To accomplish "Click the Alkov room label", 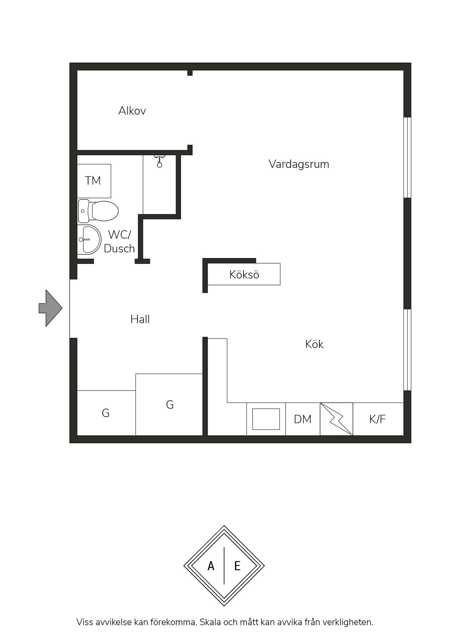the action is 132,111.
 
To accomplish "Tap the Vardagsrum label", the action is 299,164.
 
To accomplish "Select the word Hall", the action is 140,319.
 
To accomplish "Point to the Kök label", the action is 314,344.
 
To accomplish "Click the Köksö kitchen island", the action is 244,274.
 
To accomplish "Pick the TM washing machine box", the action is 94,181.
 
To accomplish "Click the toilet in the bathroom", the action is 98,211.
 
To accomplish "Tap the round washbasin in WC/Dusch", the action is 89,239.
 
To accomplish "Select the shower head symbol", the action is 159,162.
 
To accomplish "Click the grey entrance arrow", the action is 50,308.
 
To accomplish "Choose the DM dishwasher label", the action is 303,419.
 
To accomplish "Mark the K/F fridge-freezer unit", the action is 378,419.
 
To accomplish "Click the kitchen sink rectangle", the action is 266,419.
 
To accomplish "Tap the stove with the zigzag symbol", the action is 336,419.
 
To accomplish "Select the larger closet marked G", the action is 169,404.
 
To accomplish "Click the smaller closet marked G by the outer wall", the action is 106,413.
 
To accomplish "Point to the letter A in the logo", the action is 211,566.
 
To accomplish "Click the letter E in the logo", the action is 237,566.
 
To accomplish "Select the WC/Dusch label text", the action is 119,241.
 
